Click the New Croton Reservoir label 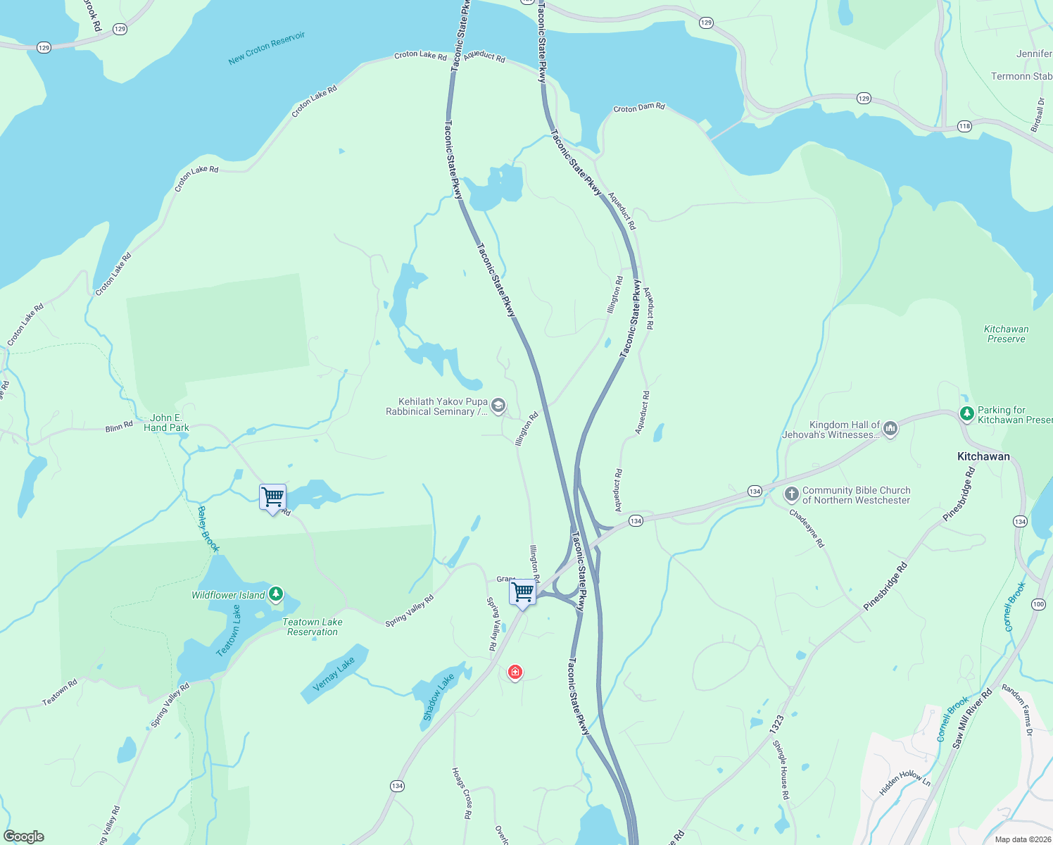267,49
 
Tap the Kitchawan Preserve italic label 1006,334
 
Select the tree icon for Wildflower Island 276,594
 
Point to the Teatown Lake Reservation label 312,627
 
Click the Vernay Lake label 334,674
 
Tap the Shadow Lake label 438,697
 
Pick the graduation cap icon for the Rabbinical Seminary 498,405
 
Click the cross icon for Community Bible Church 792,494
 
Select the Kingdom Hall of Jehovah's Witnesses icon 890,428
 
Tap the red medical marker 515,672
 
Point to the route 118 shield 964,126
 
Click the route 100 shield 1038,604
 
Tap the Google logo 24,837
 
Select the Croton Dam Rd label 638,108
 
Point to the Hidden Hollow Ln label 904,782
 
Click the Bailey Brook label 208,529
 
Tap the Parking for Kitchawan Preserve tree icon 967,413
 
